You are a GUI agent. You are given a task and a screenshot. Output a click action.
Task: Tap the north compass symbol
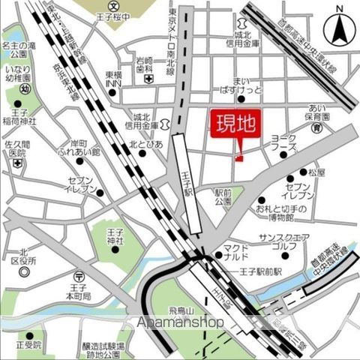point(340,28)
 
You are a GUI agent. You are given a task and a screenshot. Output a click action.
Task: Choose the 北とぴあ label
point(145,145)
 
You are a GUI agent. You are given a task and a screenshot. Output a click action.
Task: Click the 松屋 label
point(316,172)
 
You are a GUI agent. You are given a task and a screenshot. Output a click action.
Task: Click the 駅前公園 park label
point(224,196)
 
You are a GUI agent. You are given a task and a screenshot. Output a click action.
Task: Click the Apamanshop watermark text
point(179,322)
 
